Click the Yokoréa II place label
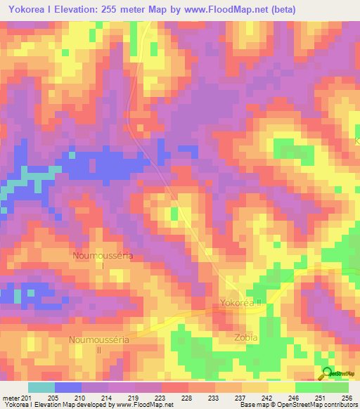(x=240, y=303)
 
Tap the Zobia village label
(x=246, y=338)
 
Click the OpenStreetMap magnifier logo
(x=327, y=374)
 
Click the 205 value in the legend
(x=52, y=397)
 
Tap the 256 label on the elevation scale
(x=347, y=397)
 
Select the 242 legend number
(x=266, y=397)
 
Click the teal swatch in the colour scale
(x=41, y=387)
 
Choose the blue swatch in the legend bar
(x=68, y=387)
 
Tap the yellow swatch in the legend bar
(x=281, y=387)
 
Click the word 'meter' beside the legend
(x=11, y=397)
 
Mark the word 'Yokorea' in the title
(x=27, y=10)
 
